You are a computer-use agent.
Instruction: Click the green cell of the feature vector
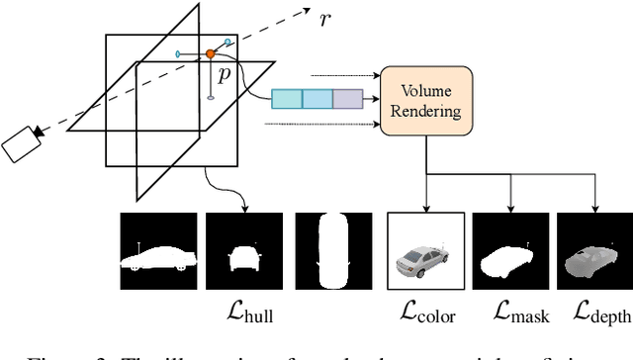(287, 99)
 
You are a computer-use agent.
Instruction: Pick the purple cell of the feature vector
(348, 99)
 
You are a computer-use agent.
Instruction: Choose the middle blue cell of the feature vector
(317, 99)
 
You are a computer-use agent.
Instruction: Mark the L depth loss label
(598, 315)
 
